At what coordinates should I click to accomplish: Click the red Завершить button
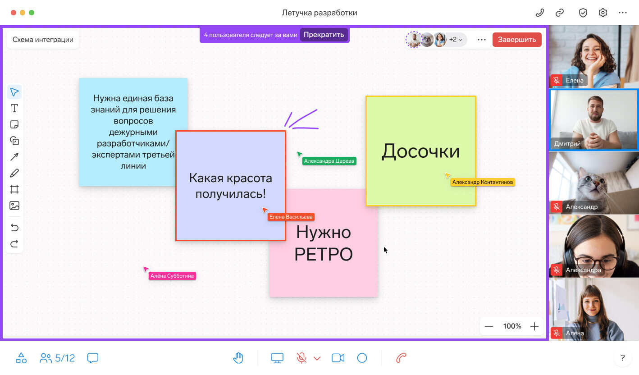(517, 40)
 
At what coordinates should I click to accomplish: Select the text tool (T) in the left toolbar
(14, 109)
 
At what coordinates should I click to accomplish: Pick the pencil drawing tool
(14, 173)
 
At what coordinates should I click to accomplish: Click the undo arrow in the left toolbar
(14, 228)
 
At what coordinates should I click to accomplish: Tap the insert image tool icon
(14, 206)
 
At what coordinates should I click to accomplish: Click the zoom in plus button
(534, 326)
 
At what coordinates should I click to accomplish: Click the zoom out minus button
(488, 326)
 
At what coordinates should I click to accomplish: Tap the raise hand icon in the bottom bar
(238, 358)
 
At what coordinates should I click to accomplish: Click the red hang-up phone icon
(401, 358)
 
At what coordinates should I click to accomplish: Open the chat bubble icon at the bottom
(93, 358)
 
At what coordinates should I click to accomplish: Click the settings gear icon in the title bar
(603, 13)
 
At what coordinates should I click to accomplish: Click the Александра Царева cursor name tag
(329, 161)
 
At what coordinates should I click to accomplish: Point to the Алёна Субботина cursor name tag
(172, 276)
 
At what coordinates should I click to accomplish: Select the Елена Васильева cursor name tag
(291, 217)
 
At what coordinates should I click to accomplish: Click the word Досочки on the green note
(421, 151)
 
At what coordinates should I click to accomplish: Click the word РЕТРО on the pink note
(324, 254)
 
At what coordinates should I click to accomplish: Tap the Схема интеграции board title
(43, 40)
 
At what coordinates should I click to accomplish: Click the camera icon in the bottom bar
(338, 358)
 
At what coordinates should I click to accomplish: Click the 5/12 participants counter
(57, 358)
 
